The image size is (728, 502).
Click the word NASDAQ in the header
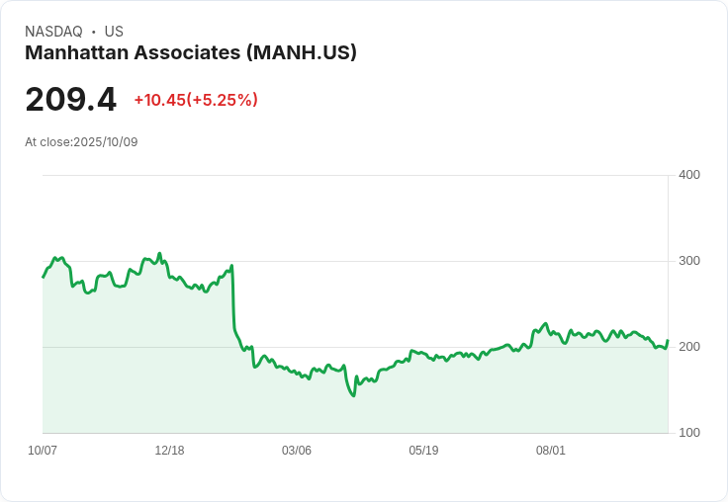[53, 32]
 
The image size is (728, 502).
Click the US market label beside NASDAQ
[114, 32]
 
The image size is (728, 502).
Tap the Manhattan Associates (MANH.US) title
[191, 52]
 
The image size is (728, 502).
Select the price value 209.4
[70, 100]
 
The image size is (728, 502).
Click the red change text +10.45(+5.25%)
[196, 100]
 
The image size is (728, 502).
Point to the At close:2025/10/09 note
[81, 142]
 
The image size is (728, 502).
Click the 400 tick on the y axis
[688, 175]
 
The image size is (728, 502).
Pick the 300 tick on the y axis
[688, 261]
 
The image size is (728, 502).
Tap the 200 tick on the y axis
[688, 347]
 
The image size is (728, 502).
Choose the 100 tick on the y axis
[688, 433]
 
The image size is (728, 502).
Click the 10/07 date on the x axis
[43, 451]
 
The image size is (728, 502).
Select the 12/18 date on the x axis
[169, 451]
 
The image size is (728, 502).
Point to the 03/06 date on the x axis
[296, 451]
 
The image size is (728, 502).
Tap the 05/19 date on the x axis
[423, 451]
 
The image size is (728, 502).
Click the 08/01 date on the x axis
[550, 451]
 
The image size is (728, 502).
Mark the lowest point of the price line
[353, 396]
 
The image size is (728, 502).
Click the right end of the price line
[668, 341]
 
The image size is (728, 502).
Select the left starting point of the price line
[43, 277]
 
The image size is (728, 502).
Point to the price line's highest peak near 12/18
[159, 253]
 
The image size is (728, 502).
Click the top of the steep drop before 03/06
[231, 265]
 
